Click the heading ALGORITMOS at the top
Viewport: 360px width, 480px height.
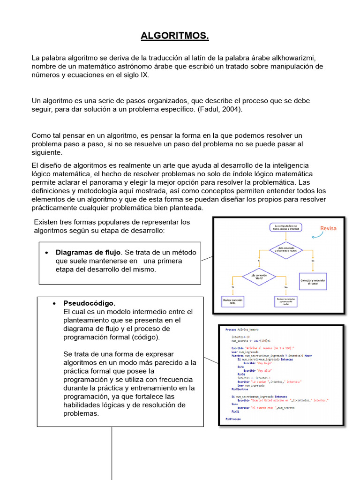coord(175,36)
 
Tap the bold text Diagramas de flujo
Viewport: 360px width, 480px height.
coord(88,252)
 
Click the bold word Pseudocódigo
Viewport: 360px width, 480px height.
coord(89,303)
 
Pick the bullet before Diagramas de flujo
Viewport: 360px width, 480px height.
coord(46,253)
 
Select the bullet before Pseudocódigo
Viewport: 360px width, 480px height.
coord(55,303)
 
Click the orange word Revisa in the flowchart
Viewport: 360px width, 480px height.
coord(328,228)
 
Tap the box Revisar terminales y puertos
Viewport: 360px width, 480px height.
coord(286,301)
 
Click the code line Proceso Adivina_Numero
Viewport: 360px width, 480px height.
coord(241,330)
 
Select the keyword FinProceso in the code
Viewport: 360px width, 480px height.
coord(233,418)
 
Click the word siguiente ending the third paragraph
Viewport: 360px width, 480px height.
coord(46,152)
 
